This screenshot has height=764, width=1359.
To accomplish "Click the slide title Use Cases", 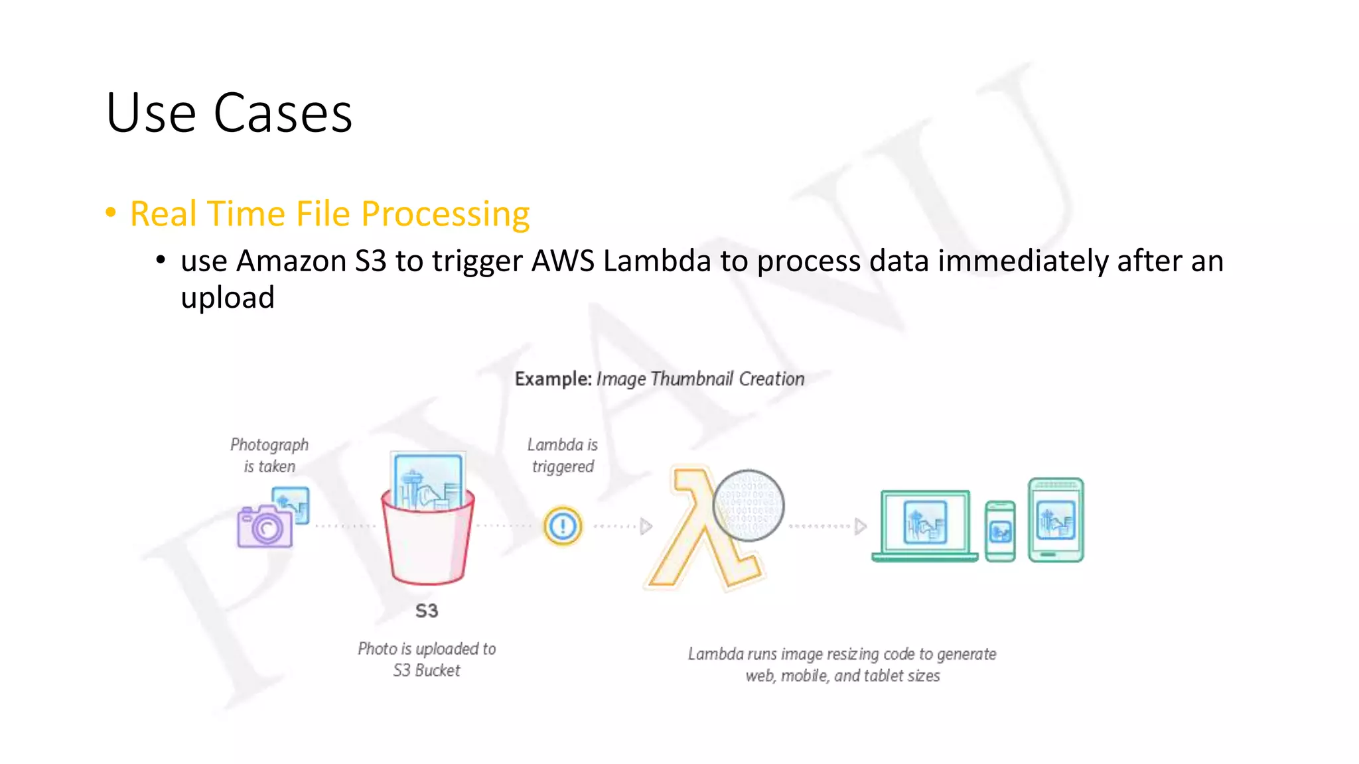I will coord(229,113).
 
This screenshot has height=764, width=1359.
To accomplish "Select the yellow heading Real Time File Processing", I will coord(330,214).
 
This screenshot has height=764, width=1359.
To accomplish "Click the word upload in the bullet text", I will coord(228,298).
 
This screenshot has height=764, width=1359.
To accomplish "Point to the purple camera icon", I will coord(265,525).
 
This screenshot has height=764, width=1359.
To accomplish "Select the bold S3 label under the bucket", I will coord(427,611).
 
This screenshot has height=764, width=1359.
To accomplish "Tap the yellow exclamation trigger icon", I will coord(563,527).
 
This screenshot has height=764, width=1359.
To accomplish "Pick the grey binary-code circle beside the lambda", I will coord(749,505).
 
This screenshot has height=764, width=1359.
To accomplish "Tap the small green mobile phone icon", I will coord(1000,531).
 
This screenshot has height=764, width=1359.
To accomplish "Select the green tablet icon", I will coord(1056,520).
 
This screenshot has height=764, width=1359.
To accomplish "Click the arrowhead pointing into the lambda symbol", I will coord(646,527).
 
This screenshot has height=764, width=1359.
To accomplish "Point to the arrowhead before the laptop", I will coord(860,527).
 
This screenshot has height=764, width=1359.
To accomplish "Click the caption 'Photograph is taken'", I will coord(269,455).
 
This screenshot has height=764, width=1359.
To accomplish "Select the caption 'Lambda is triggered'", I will coord(563,455).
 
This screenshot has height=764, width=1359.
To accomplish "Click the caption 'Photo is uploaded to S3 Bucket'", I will coord(427,659).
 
